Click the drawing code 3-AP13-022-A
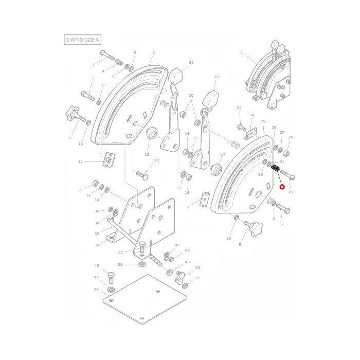tap(83, 40)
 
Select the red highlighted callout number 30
tap(282, 187)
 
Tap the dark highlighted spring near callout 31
tap(275, 169)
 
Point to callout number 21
tap(191, 63)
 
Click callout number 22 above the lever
tap(216, 77)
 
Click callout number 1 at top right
tap(241, 52)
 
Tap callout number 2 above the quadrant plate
tap(153, 52)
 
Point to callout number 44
tap(96, 290)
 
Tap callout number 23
tap(239, 107)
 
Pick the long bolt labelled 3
tap(107, 56)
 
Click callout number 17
tap(223, 154)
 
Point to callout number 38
tap(119, 265)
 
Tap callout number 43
tap(197, 267)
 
